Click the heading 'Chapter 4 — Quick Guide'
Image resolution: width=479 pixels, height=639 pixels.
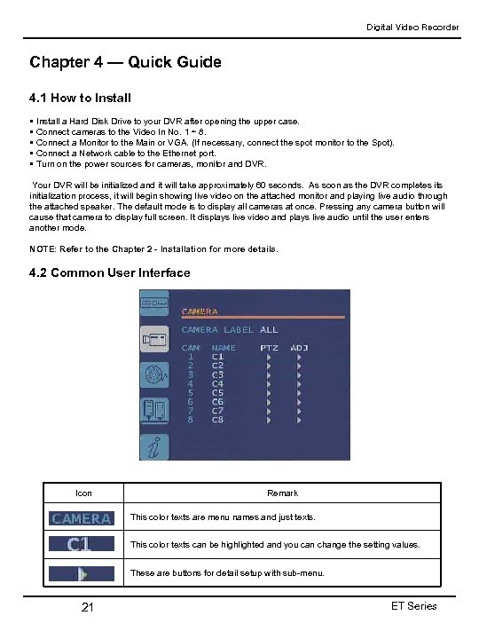125,62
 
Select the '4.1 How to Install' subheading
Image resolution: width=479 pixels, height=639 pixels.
80,98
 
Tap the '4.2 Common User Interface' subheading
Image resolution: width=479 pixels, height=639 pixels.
109,272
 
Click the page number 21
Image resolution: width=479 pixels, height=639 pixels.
87,607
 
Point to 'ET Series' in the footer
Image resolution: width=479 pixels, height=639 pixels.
413,606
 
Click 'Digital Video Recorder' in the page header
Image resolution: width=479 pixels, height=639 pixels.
413,28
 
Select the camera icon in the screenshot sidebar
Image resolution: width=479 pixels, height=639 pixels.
156,340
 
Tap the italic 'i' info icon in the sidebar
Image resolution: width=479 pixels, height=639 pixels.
156,448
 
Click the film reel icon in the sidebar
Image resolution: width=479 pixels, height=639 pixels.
156,375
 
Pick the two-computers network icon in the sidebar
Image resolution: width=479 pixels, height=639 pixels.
156,411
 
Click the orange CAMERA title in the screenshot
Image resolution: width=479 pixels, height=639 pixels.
200,312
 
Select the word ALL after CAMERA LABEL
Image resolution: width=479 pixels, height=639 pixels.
269,330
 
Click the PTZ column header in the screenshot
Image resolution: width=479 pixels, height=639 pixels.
269,348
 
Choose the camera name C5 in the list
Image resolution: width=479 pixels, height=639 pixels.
217,392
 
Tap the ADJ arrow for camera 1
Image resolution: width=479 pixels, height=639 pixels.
299,357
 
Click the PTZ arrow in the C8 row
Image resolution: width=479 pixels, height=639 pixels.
269,420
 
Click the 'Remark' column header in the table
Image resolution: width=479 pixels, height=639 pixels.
282,493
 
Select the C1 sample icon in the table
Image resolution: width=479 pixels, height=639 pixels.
82,545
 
